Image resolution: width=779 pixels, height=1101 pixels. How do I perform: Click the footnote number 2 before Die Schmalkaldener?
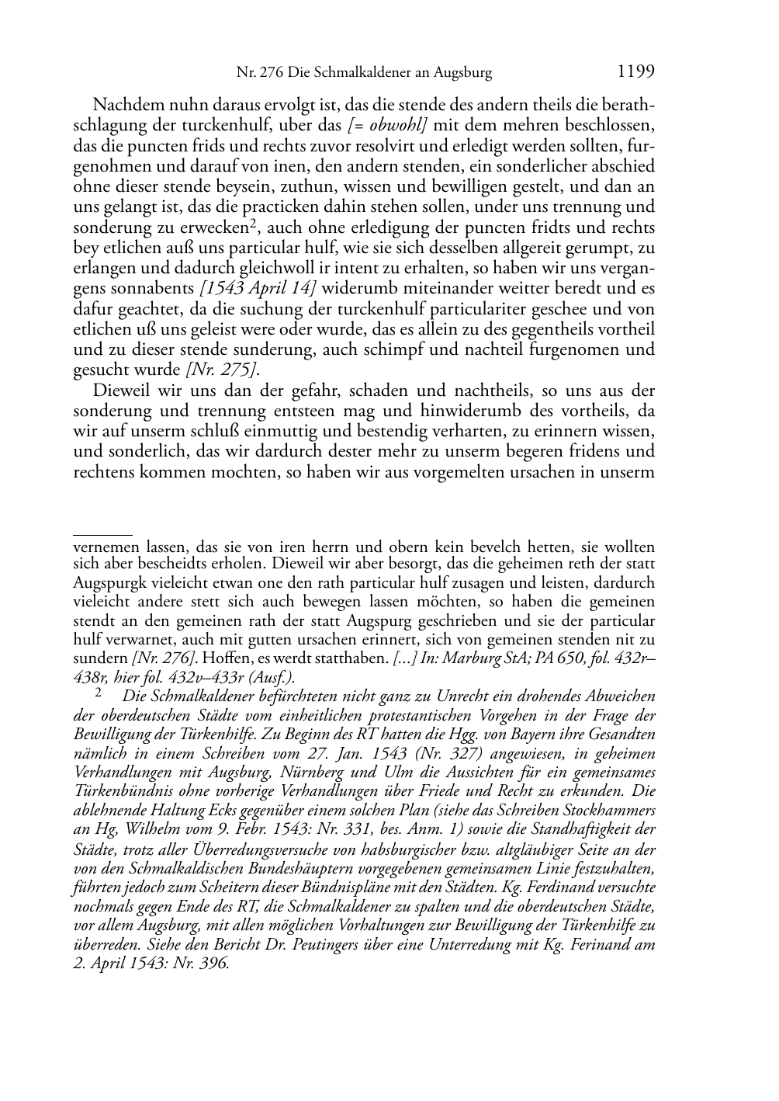tap(99, 695)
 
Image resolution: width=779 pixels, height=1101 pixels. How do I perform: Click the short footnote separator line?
tap(102, 535)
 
